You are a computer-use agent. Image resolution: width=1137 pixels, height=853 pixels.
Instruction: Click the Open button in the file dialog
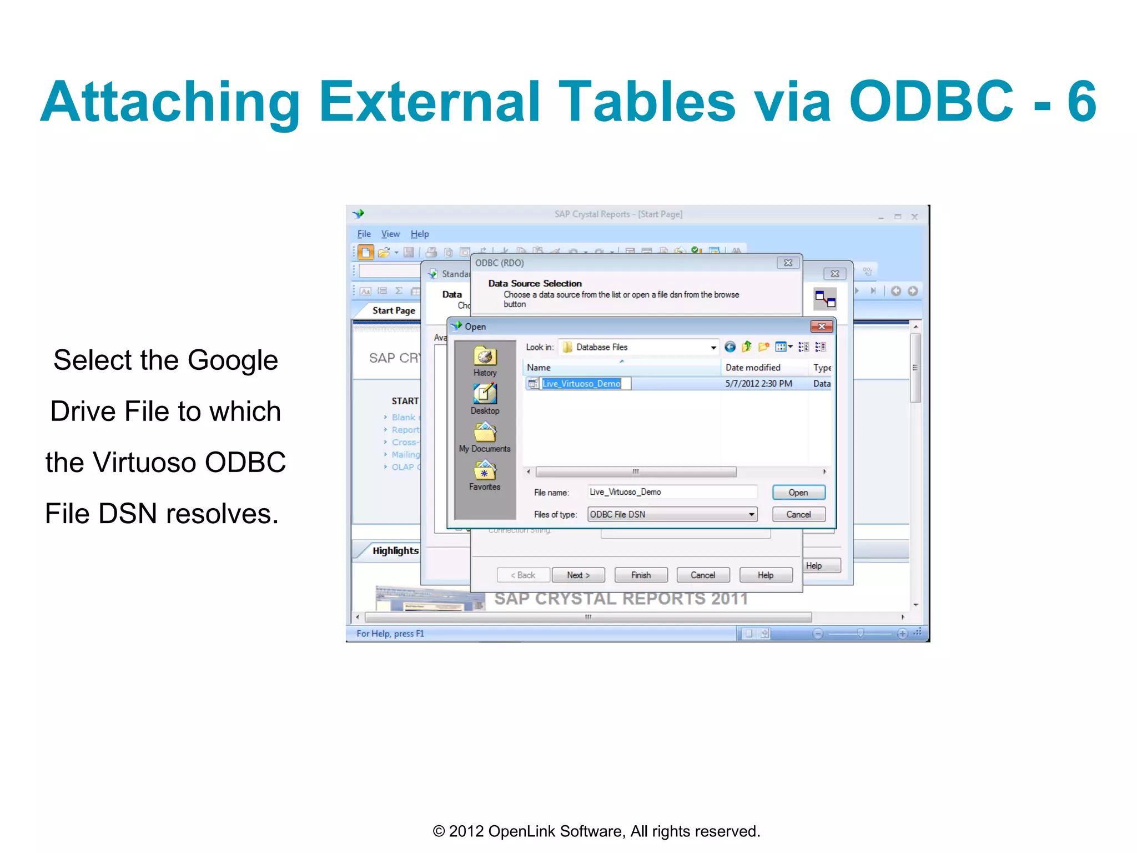[798, 493]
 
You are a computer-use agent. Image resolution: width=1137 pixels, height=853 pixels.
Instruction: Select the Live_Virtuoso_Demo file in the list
[581, 384]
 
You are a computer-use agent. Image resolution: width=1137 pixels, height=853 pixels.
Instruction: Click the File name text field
[672, 492]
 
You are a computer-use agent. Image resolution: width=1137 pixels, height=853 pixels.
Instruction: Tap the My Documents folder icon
[485, 433]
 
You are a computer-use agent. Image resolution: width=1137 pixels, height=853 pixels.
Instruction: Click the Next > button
[578, 575]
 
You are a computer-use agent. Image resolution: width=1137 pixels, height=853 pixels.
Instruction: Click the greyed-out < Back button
[523, 575]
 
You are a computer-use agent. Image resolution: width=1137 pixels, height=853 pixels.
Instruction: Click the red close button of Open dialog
[822, 327]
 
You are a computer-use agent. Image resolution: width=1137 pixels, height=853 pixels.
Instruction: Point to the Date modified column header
[753, 368]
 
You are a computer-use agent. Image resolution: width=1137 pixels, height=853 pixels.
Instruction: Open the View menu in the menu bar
[390, 234]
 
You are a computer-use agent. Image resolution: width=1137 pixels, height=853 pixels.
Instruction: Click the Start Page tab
[394, 311]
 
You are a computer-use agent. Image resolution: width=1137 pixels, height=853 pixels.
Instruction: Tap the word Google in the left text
[233, 360]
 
